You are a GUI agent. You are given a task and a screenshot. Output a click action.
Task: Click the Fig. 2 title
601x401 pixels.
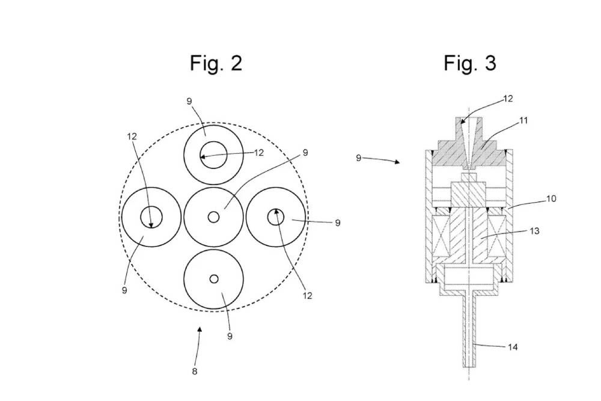tap(216, 63)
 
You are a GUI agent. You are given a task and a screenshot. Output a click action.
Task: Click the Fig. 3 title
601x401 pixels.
tap(470, 63)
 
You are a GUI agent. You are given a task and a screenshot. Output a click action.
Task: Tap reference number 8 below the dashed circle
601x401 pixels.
tap(194, 371)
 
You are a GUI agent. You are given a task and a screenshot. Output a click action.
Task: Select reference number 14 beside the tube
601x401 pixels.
tap(512, 347)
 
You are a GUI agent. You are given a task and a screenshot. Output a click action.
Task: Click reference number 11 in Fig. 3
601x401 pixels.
tap(523, 121)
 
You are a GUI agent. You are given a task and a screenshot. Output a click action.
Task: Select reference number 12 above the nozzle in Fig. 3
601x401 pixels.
tap(508, 99)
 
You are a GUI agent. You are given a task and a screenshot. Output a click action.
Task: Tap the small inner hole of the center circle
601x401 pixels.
tap(213, 217)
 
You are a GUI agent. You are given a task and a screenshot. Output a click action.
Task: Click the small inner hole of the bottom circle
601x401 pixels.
tap(213, 278)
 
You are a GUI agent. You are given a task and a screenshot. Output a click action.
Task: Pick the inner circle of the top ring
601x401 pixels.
tap(213, 155)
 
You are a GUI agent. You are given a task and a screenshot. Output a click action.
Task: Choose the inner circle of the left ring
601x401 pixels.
tap(151, 217)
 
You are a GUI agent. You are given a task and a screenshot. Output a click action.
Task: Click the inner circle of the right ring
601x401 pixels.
tap(275, 217)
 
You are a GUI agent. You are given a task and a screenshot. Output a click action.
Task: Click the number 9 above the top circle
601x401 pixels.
tap(189, 102)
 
